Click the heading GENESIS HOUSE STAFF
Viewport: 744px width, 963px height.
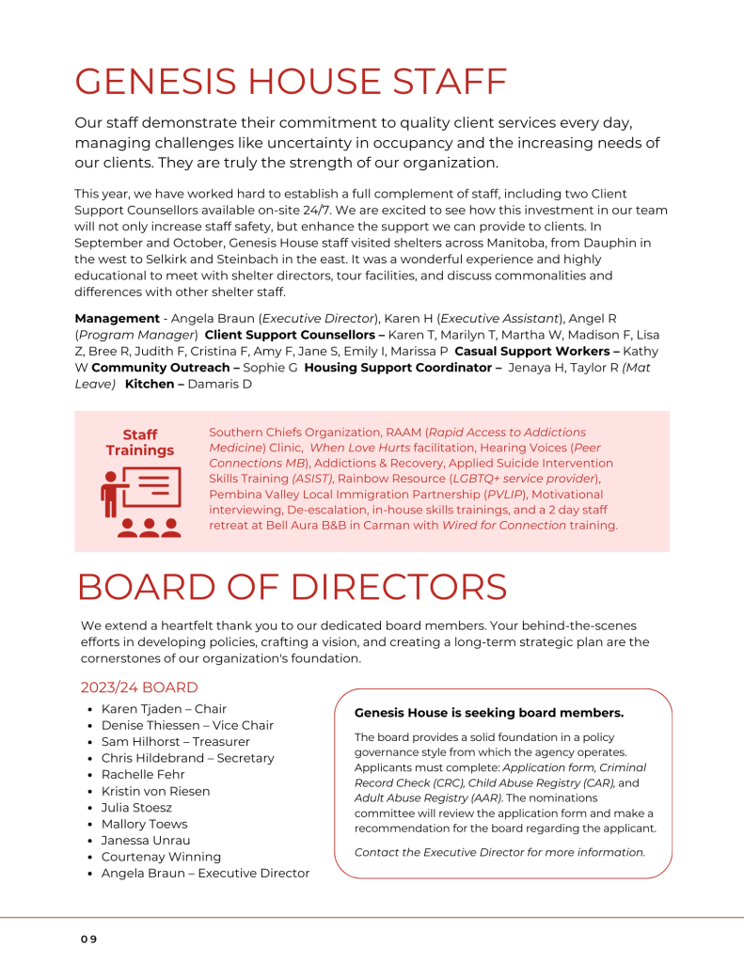click(x=291, y=82)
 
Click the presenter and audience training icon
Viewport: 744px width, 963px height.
click(x=140, y=501)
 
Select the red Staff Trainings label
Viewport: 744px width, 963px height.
click(x=140, y=442)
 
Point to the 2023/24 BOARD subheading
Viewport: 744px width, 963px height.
click(x=139, y=687)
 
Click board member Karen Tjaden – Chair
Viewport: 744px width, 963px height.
click(x=164, y=709)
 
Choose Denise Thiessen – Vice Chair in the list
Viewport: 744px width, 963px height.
click(x=187, y=725)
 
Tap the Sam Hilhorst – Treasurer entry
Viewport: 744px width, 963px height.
click(x=175, y=742)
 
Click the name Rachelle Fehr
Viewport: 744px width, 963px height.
click(x=143, y=775)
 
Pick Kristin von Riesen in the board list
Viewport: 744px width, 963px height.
click(x=155, y=791)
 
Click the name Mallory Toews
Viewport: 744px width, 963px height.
click(x=144, y=824)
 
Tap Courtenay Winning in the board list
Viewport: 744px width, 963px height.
click(x=161, y=857)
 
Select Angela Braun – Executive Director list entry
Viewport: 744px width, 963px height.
click(x=205, y=874)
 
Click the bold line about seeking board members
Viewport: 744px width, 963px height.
click(x=488, y=713)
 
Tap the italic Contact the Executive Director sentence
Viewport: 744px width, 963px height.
click(x=499, y=852)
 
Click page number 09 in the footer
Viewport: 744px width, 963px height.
click(x=87, y=939)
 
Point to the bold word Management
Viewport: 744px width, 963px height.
click(x=117, y=319)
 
